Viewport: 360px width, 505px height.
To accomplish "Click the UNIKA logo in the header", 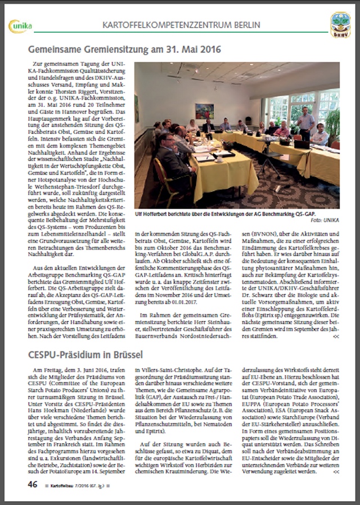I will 21,25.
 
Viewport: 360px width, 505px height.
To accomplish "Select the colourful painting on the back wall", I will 204,111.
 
